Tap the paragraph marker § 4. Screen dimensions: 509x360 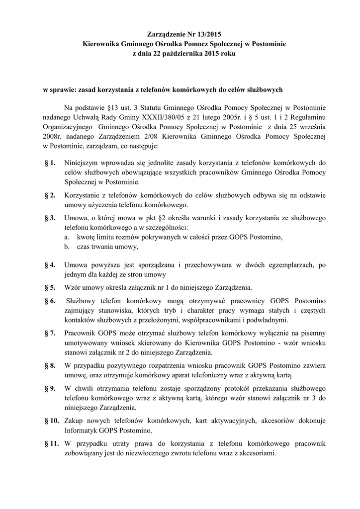(50, 265)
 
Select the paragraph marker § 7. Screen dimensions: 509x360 (50, 334)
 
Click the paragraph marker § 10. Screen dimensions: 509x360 (51, 421)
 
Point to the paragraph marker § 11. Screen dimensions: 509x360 (51, 443)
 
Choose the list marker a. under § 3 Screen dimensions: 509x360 (67, 237)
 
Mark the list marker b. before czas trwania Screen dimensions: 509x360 (67, 247)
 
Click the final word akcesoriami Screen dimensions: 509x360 (257, 453)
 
